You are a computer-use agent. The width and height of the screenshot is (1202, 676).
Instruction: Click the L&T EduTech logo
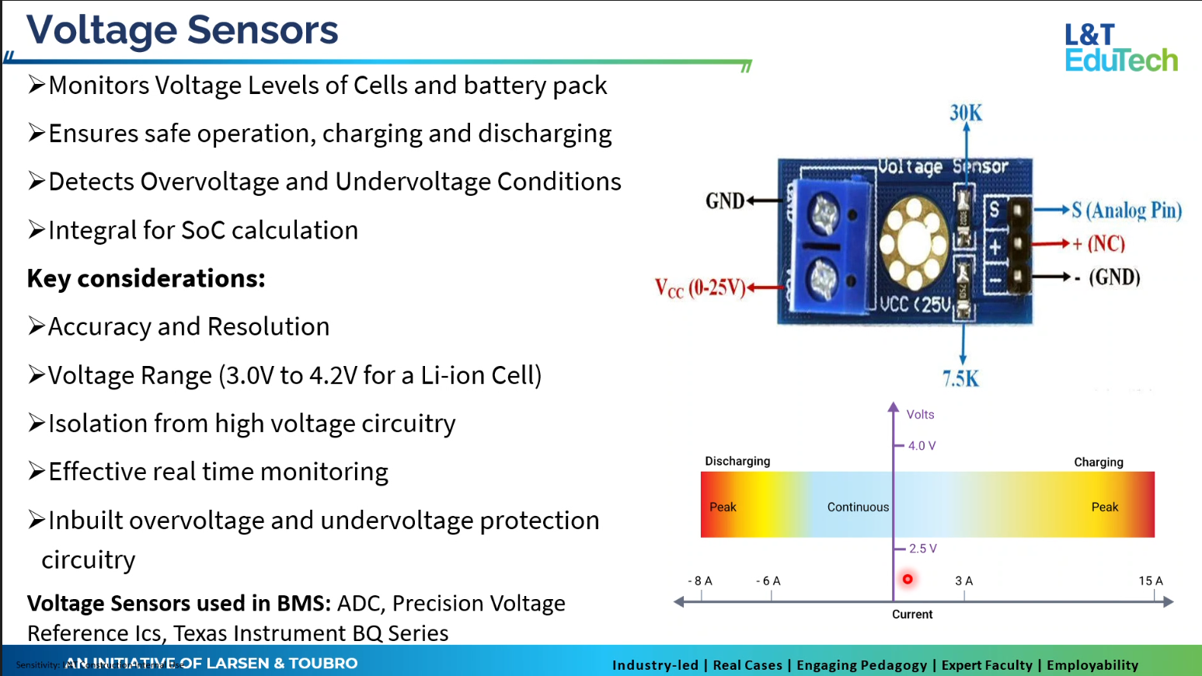[1120, 47]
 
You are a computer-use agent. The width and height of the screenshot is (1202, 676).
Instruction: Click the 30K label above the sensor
[966, 113]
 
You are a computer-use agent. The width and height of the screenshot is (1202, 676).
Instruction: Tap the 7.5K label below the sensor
[961, 379]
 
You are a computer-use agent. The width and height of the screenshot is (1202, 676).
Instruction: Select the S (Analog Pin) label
[1127, 211]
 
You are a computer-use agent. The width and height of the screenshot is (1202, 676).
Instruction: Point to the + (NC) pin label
[1099, 244]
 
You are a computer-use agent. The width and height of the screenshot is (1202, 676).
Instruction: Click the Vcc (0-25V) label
[699, 288]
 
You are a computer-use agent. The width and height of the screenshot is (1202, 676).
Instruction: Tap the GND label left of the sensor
[725, 201]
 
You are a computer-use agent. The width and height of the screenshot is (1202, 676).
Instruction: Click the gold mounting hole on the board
[914, 241]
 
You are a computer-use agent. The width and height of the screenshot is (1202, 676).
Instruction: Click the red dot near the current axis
[908, 579]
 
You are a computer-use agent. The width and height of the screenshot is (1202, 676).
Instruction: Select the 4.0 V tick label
[922, 446]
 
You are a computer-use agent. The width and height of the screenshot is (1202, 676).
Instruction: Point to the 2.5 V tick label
[923, 549]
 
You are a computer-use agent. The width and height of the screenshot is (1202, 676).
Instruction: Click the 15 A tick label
[1151, 581]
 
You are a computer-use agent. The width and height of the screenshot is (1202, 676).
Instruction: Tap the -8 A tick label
[700, 581]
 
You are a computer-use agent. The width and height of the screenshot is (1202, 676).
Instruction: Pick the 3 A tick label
[963, 581]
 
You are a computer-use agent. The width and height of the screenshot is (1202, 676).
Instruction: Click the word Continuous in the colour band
[858, 507]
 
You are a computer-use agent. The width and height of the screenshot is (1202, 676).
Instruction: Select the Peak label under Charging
[1104, 507]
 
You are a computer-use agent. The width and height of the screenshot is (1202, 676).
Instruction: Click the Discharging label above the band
[737, 462]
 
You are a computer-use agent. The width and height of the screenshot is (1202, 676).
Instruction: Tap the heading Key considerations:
[146, 278]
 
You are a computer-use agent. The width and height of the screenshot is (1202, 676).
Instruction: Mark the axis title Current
[912, 615]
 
